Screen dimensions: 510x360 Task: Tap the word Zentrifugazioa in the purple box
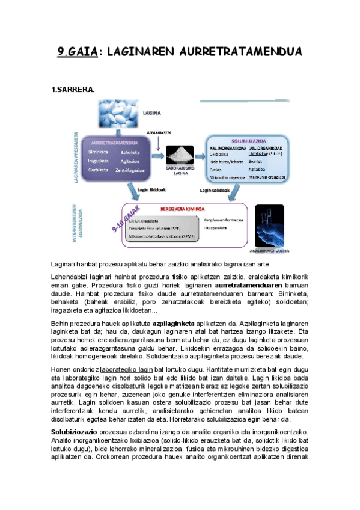pos(132,170)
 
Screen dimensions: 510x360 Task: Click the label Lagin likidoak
pos(154,189)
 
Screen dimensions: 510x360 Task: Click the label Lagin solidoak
pos(215,190)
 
